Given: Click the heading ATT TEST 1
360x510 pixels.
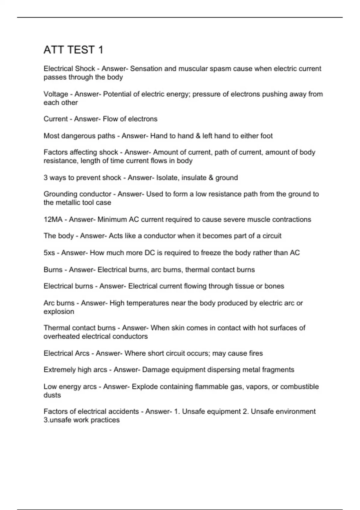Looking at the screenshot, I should point(73,50).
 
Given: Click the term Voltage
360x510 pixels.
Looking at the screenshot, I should point(56,94).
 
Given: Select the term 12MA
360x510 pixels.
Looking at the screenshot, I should point(53,220).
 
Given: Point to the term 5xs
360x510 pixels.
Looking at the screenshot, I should point(49,253).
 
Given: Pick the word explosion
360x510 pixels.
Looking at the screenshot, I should point(59,312).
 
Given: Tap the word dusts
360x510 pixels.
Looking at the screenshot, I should point(52,395).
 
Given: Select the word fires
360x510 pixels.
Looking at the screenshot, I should point(256,353).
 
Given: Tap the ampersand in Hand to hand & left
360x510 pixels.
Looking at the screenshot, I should point(198,136).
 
